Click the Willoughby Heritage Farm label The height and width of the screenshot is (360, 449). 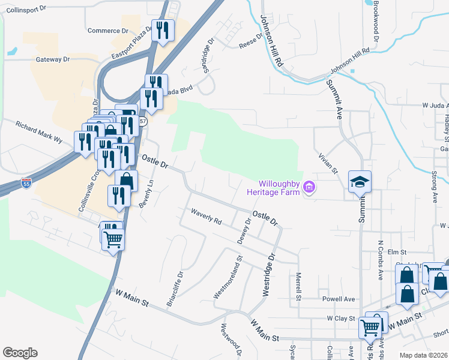click(x=273, y=188)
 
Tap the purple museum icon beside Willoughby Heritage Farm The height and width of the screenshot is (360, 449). click(x=310, y=188)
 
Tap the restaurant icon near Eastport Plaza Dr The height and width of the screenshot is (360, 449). click(x=163, y=29)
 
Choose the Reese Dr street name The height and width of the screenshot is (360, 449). click(x=251, y=41)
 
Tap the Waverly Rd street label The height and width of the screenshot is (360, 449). click(x=206, y=217)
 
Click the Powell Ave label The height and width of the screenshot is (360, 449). click(x=339, y=299)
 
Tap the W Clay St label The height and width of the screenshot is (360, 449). click(x=342, y=318)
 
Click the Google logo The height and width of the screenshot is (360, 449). click(x=20, y=353)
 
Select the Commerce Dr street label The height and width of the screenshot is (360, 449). click(x=107, y=31)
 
